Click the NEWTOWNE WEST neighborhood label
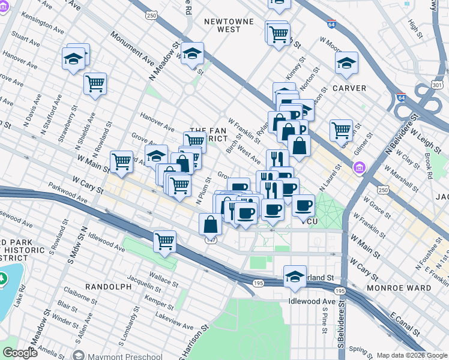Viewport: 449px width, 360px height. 222,25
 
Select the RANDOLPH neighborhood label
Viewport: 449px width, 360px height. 108,287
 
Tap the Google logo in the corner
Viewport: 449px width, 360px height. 20,353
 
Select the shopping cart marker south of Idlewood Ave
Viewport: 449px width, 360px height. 164,241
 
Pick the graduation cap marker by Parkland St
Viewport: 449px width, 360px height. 295,276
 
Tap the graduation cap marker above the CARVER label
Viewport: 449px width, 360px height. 347,63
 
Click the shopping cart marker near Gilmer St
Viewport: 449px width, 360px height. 341,129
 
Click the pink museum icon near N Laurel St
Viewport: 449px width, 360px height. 360,167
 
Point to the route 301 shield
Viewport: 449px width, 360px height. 437,86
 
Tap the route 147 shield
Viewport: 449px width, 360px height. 209,240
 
